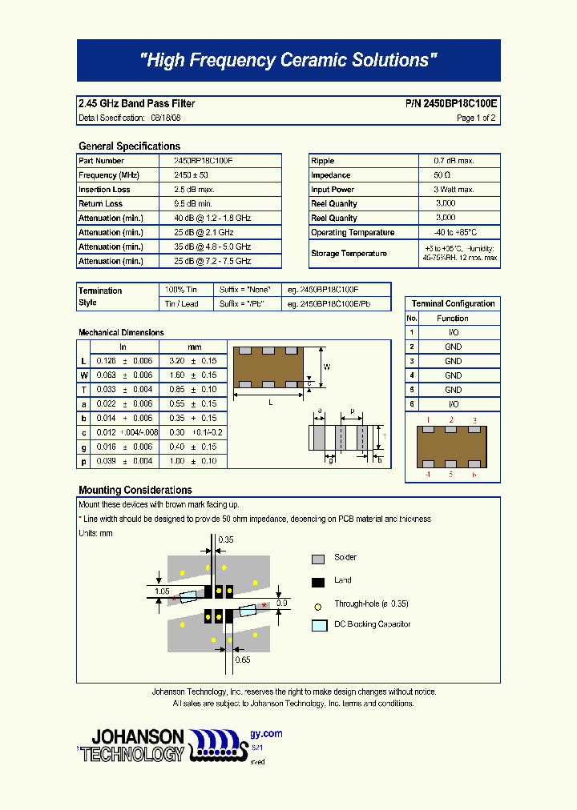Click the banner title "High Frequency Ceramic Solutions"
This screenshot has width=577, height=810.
[x=288, y=60]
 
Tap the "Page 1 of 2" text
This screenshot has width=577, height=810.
[x=476, y=118]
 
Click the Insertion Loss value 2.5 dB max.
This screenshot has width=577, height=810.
[x=193, y=190]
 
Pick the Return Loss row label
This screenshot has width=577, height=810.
[x=101, y=204]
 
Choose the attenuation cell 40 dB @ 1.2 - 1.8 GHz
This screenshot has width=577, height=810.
[x=212, y=219]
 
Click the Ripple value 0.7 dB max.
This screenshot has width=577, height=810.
[x=454, y=161]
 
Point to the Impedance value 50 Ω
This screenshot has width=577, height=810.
[x=442, y=175]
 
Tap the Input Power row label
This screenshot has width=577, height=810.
[x=333, y=190]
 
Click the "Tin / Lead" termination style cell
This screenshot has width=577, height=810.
[x=181, y=304]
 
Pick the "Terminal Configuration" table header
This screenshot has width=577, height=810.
[x=453, y=304]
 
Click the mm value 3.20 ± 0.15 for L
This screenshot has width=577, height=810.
[x=193, y=361]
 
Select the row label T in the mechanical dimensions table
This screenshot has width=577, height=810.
[x=83, y=390]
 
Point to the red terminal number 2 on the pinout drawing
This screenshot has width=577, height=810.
[x=451, y=420]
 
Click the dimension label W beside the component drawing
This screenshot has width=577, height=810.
[x=327, y=367]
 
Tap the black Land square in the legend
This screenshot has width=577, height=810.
[x=318, y=581]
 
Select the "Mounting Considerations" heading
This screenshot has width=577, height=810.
[x=135, y=490]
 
